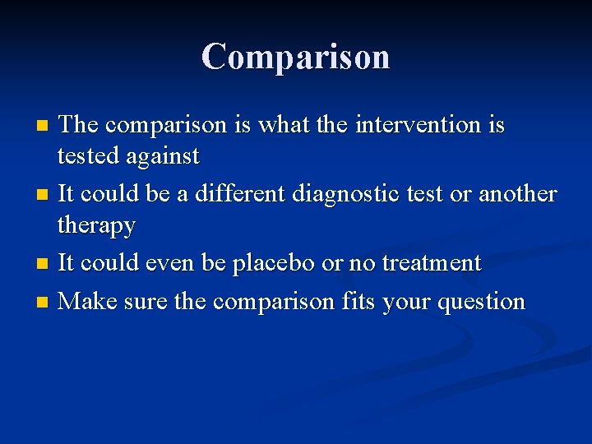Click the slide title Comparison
tap(296, 57)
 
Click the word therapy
tap(97, 225)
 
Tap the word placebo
tap(274, 264)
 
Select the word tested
tap(86, 155)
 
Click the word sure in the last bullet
tap(144, 302)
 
